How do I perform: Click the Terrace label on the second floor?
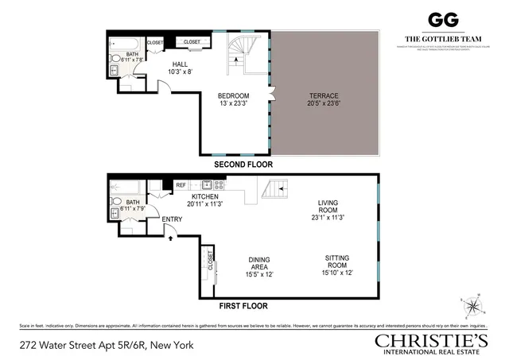point(324,99)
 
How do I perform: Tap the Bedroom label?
point(235,99)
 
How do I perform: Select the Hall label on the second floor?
point(177,68)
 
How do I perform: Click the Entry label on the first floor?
point(172,219)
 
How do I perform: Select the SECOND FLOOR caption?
point(243,165)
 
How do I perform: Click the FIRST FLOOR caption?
point(243,305)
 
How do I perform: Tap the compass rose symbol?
point(472,304)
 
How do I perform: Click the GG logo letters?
point(441,21)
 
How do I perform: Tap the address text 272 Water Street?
point(105,345)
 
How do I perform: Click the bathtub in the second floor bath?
point(128,43)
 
